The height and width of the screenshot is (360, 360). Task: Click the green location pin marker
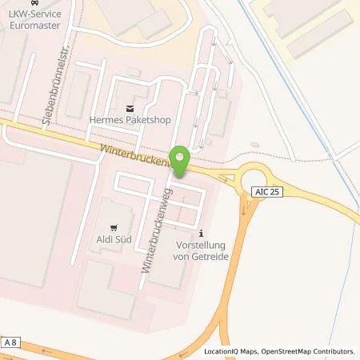pos(181,160)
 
